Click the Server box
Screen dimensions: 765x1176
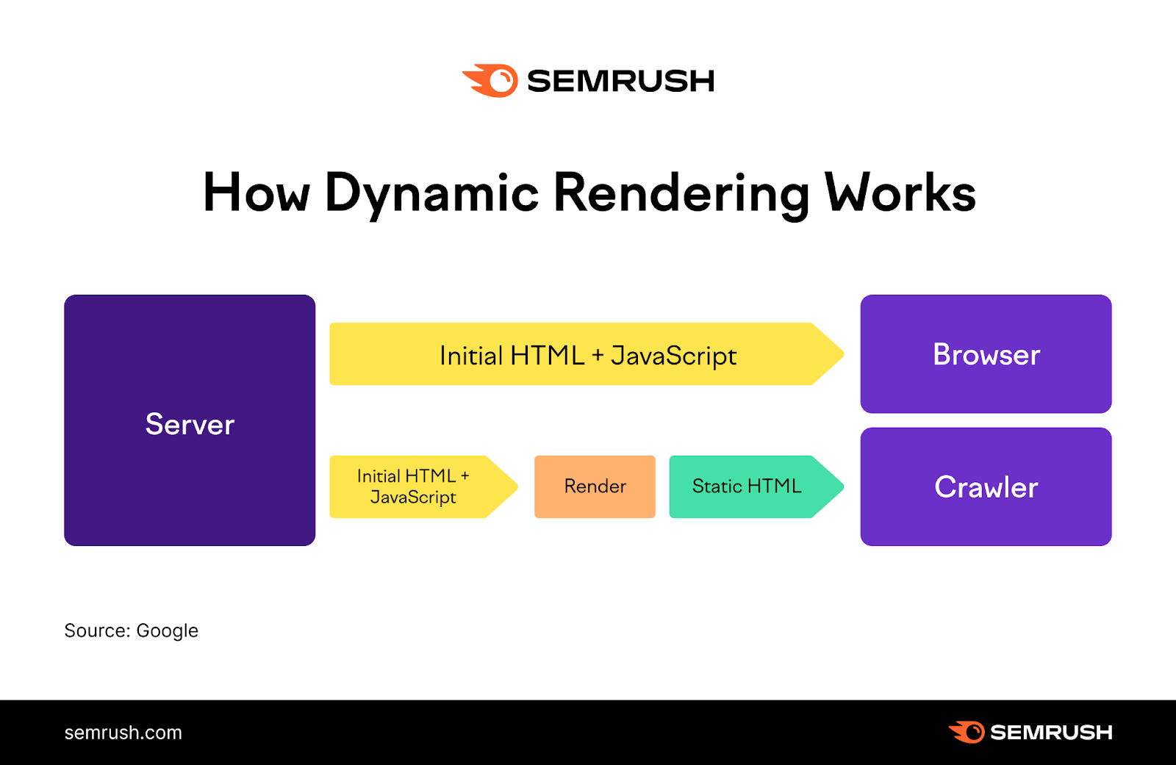(190, 420)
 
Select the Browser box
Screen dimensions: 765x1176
(986, 354)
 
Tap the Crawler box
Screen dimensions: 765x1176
(986, 486)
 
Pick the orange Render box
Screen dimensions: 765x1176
(595, 486)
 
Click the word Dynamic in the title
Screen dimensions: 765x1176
(432, 193)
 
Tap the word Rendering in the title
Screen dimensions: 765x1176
(681, 193)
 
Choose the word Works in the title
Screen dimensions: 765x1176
(900, 193)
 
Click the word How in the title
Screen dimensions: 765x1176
(256, 193)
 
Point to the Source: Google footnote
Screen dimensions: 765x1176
(131, 631)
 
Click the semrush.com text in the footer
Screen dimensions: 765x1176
(123, 733)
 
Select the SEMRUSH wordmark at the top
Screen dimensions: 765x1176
(620, 81)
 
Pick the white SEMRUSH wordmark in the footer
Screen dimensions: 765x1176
(1051, 733)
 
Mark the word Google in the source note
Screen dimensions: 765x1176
(167, 631)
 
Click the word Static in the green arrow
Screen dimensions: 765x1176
(717, 486)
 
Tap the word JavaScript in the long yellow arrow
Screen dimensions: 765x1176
(673, 356)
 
